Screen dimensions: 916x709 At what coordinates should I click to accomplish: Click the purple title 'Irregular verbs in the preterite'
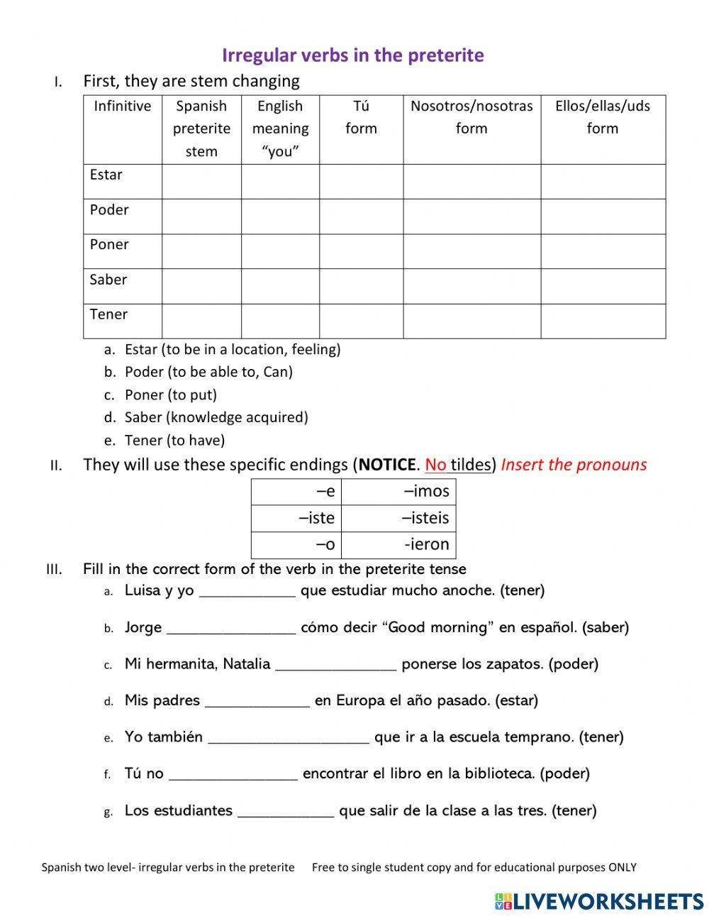pyautogui.click(x=352, y=55)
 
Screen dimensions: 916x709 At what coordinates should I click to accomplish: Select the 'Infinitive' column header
pyautogui.click(x=122, y=106)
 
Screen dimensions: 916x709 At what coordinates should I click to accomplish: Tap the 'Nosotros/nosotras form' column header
pyautogui.click(x=471, y=117)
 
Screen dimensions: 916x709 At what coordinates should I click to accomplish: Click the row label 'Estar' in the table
pyautogui.click(x=106, y=175)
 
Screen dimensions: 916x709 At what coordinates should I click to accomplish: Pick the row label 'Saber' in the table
pyautogui.click(x=108, y=280)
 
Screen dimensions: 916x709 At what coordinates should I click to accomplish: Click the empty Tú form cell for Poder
pyautogui.click(x=361, y=216)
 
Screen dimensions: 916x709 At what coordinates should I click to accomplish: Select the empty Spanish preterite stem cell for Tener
pyautogui.click(x=201, y=321)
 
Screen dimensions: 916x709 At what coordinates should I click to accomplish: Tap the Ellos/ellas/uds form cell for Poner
pyautogui.click(x=603, y=251)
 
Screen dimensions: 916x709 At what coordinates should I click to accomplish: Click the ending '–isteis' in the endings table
pyautogui.click(x=425, y=518)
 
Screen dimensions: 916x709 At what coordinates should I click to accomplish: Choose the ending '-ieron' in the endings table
pyautogui.click(x=426, y=544)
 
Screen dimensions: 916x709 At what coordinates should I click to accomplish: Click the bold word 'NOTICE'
pyautogui.click(x=386, y=465)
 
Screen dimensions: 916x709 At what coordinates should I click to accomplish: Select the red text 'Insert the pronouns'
pyautogui.click(x=574, y=465)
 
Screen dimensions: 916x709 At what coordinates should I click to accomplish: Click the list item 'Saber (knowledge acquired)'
pyautogui.click(x=216, y=417)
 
